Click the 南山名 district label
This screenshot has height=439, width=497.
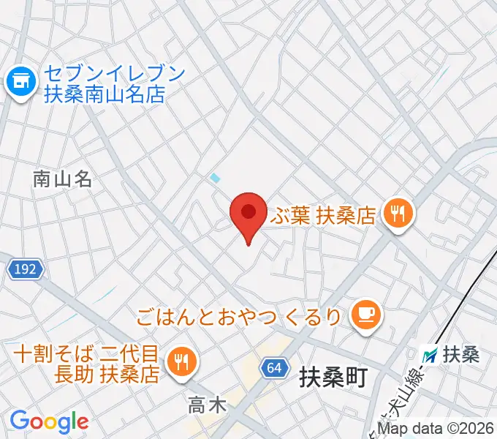pyautogui.click(x=62, y=179)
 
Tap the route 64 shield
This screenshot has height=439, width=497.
pyautogui.click(x=273, y=367)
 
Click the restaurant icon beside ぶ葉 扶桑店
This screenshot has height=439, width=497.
pyautogui.click(x=400, y=214)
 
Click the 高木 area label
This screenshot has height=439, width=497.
pyautogui.click(x=207, y=405)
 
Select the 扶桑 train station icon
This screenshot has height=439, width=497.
pyautogui.click(x=431, y=355)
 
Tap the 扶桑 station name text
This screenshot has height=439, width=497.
pyautogui.click(x=461, y=355)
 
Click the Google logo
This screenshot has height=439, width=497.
pyautogui.click(x=49, y=421)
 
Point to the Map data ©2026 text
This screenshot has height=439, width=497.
pyautogui.click(x=436, y=429)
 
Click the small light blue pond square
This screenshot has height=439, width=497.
pyautogui.click(x=215, y=177)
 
